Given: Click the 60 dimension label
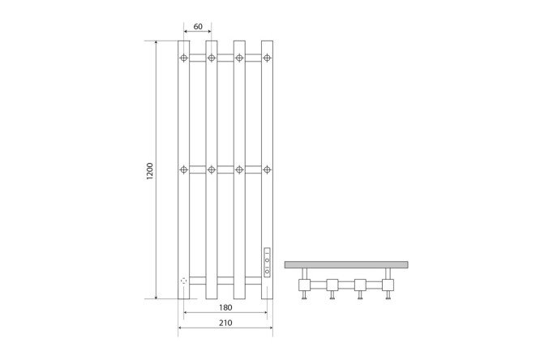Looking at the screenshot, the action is (x=198, y=27).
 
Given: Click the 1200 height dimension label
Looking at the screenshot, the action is (x=149, y=171).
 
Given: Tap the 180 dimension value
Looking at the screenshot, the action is (x=225, y=307).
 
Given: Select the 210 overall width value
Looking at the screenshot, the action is (x=225, y=323).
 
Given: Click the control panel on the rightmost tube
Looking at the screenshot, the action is (x=267, y=262).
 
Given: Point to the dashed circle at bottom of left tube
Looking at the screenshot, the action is (x=183, y=281).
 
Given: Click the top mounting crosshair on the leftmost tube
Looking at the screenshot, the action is (x=184, y=58).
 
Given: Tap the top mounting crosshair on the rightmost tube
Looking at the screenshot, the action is (x=267, y=58).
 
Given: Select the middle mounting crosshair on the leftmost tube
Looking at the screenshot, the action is (x=184, y=169).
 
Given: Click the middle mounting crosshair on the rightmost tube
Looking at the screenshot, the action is (x=267, y=169).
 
